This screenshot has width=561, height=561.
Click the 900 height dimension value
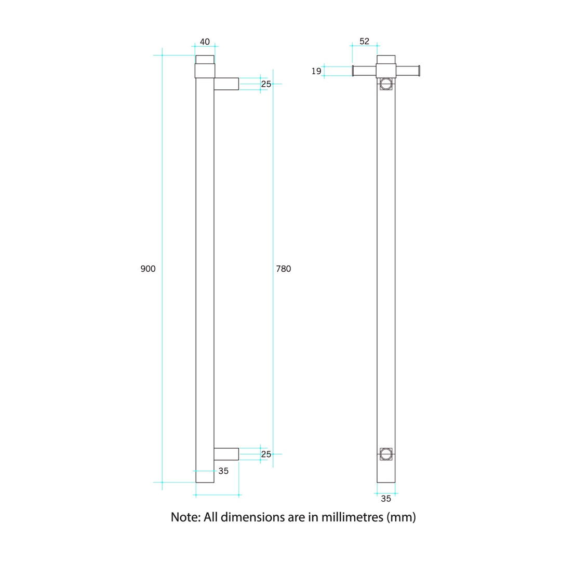(x=148, y=269)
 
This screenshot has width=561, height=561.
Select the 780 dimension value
(x=284, y=269)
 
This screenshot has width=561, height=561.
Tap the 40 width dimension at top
(x=205, y=42)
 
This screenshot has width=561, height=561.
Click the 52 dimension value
(x=364, y=42)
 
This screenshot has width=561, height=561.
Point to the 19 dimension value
(x=316, y=72)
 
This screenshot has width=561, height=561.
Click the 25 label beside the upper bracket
(x=266, y=84)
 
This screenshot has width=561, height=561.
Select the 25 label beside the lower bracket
(x=266, y=455)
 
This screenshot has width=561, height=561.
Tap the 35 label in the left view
(x=223, y=471)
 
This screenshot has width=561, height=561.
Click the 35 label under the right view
(x=385, y=499)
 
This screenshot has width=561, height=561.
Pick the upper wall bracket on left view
(x=226, y=84)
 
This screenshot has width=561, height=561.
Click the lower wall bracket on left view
(x=226, y=454)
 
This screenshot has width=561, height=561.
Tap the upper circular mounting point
(x=385, y=84)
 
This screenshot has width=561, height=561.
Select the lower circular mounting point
(x=385, y=453)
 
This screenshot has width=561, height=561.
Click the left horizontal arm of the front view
(x=365, y=71)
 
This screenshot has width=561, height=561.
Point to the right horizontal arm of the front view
(x=407, y=71)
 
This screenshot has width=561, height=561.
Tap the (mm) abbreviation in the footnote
(x=402, y=517)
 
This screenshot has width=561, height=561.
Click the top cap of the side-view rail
(x=205, y=59)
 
